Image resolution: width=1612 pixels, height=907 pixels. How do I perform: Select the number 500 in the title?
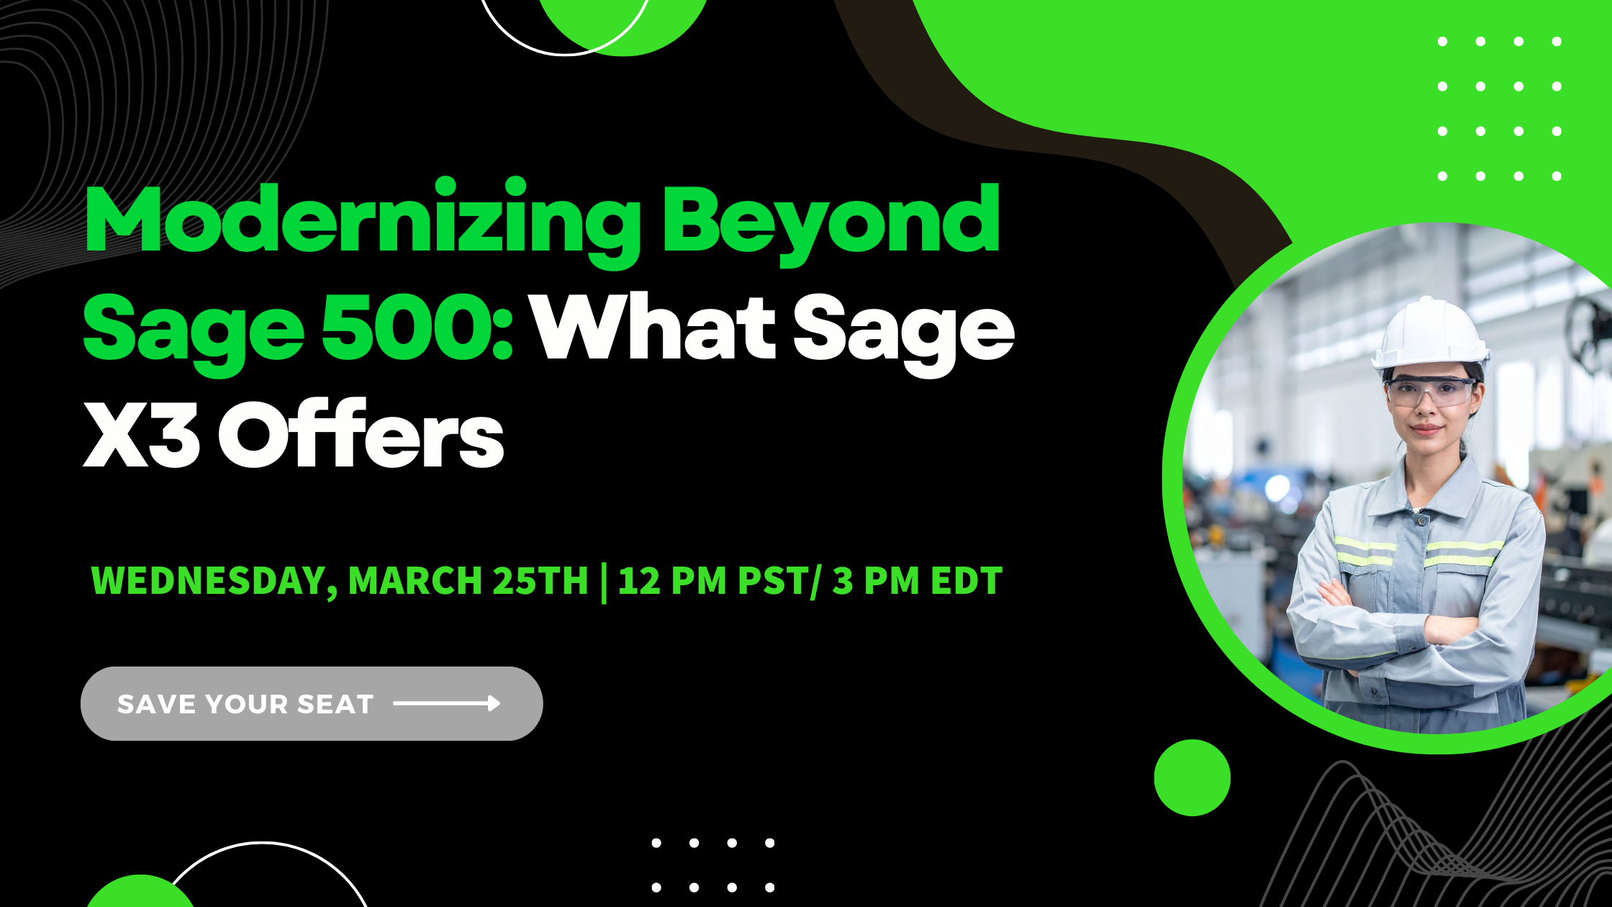click(417, 327)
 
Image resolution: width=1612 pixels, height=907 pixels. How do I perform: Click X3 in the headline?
click(141, 435)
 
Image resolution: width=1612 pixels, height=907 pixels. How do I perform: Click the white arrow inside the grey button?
click(447, 703)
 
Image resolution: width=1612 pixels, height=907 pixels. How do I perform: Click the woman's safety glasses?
click(1430, 392)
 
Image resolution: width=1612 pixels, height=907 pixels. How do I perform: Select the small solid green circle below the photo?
click(1192, 777)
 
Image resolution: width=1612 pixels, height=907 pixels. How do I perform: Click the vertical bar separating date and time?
click(603, 582)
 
